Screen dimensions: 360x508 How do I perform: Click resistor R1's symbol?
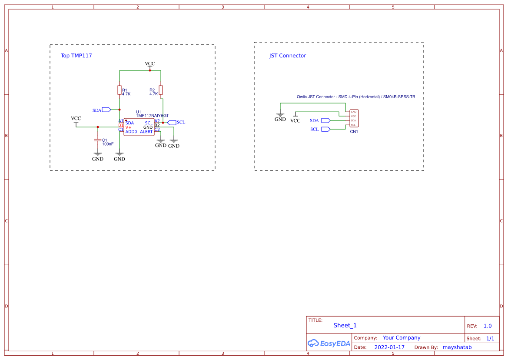point(119,90)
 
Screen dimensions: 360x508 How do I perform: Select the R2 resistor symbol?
point(161,90)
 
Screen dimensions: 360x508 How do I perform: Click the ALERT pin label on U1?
point(146,132)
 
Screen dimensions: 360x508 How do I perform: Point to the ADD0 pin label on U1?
point(131,132)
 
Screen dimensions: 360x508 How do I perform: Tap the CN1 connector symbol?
point(354,118)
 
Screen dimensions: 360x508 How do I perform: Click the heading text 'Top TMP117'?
point(76,56)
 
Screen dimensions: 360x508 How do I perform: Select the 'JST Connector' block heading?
point(287,56)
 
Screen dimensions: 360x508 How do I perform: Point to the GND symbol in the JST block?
point(280,116)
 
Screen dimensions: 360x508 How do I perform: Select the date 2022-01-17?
point(389,347)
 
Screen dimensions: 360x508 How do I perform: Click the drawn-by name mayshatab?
point(457,347)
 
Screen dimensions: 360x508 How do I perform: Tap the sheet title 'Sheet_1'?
point(345,325)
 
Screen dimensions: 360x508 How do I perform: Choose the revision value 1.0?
point(488,326)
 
